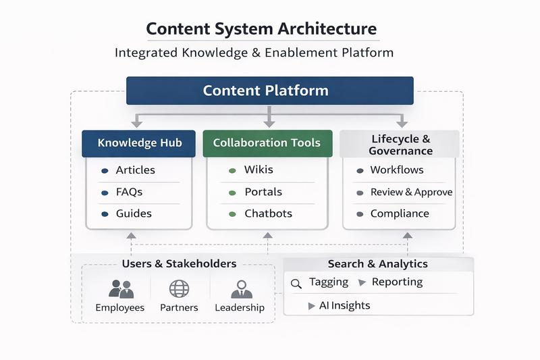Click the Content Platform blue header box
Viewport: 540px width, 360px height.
(x=269, y=91)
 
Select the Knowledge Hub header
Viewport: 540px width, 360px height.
(x=138, y=143)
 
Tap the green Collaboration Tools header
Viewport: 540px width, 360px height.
(x=267, y=143)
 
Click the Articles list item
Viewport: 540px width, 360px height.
(x=135, y=170)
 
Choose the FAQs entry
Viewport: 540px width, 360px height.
(x=129, y=192)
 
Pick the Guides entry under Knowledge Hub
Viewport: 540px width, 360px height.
(x=134, y=213)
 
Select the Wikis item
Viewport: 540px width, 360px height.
(x=259, y=170)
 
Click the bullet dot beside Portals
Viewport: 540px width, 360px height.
(x=232, y=192)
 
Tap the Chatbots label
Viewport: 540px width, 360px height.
(x=268, y=213)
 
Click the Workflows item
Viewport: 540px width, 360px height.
(x=397, y=170)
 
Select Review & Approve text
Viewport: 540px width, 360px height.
(x=411, y=192)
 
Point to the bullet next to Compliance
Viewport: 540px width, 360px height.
(x=360, y=214)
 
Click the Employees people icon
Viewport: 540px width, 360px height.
(x=121, y=289)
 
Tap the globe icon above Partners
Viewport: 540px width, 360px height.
(x=179, y=289)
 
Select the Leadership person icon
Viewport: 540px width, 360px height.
(x=240, y=289)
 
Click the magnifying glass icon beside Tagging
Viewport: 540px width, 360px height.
(x=296, y=284)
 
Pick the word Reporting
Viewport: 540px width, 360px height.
(x=397, y=282)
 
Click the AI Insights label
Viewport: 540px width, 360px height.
(x=344, y=305)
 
